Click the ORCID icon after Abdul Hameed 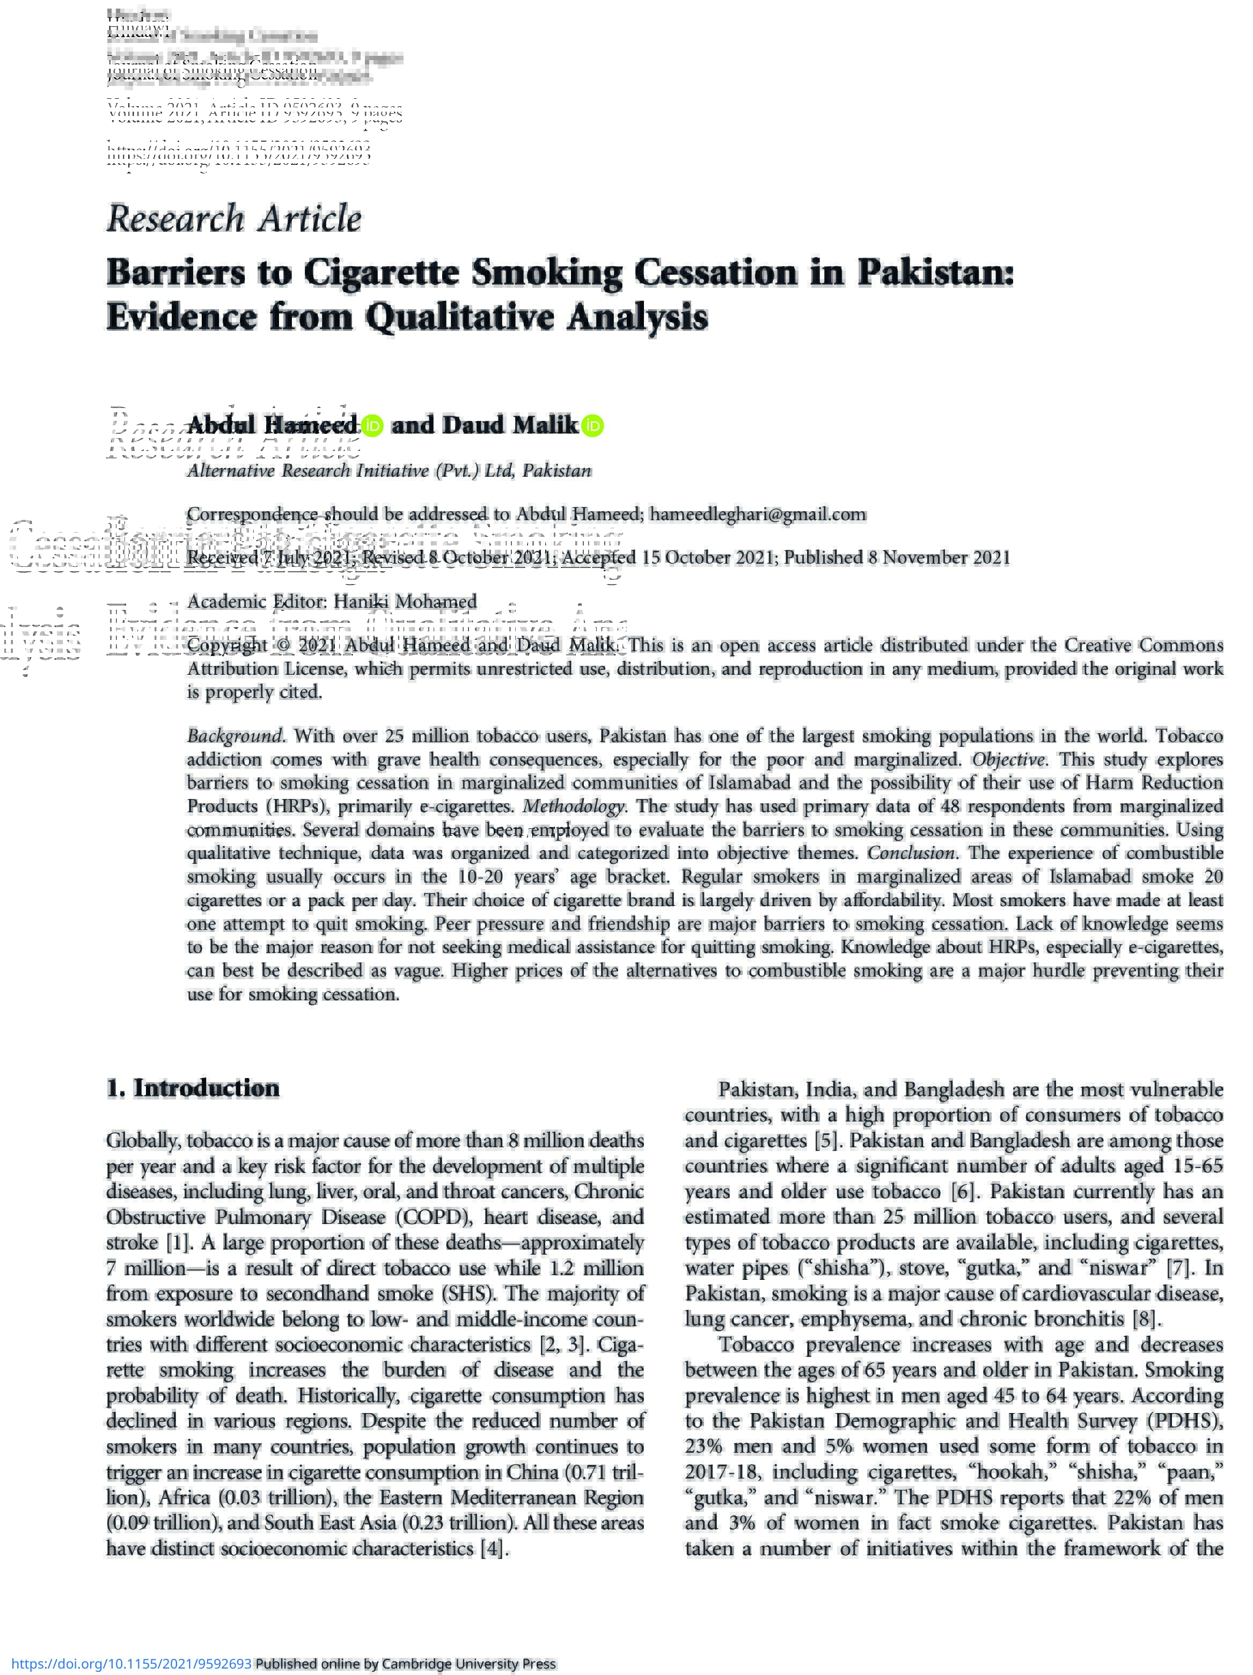pos(372,426)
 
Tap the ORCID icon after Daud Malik pos(593,426)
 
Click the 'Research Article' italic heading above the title pos(234,219)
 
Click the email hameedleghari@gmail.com pos(757,514)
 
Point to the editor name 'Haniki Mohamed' pos(405,601)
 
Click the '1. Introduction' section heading pos(193,1088)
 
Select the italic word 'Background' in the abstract pos(234,736)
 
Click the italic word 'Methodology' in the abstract pos(573,806)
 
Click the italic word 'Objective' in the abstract pos(1008,760)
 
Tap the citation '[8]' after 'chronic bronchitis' pos(1144,1319)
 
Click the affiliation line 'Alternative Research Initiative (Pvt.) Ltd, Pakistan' pos(389,470)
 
